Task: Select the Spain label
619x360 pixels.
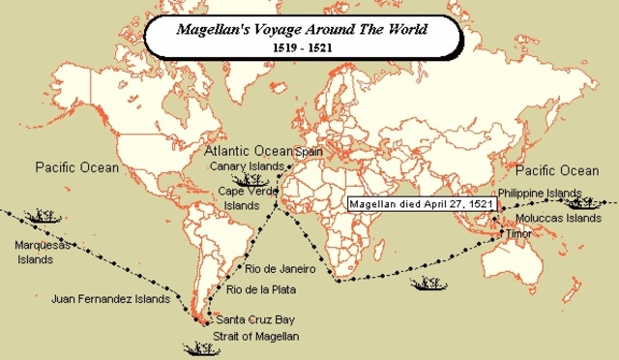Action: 309,152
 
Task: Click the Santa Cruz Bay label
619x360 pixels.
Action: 255,318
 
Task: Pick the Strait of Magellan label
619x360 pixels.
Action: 257,335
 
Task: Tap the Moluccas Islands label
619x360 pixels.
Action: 557,219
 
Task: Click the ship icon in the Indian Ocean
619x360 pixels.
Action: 427,284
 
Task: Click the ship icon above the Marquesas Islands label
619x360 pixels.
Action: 40,215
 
